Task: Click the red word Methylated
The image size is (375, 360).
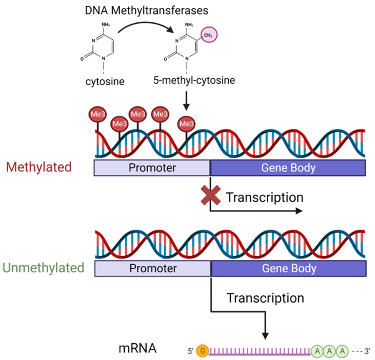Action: point(39,167)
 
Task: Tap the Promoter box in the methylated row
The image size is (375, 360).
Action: point(151,168)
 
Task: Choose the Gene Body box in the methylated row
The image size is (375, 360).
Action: point(289,168)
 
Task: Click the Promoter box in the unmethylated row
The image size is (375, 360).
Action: point(151,268)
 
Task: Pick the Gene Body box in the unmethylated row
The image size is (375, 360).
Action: point(289,268)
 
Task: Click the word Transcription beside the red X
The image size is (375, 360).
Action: point(265,197)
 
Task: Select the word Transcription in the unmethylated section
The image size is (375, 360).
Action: point(265,297)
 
